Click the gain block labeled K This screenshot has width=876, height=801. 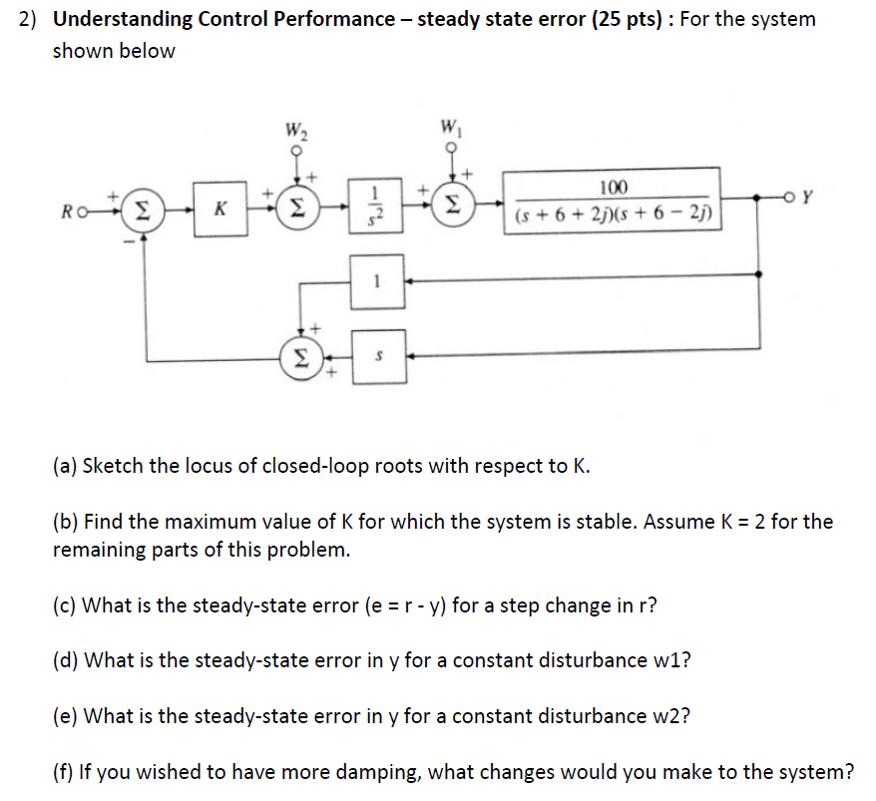click(221, 209)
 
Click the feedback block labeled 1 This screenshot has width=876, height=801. click(376, 282)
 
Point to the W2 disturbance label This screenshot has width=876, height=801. click(295, 129)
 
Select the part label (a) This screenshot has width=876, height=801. click(67, 465)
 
